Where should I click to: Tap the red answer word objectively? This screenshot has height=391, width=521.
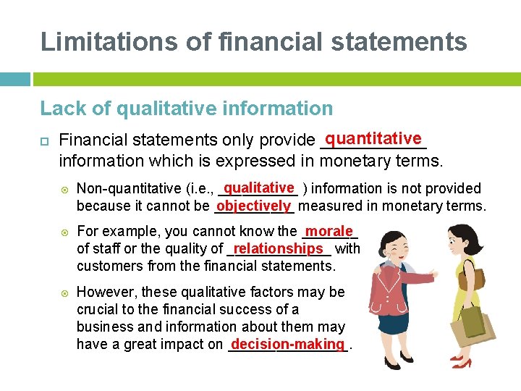point(253,206)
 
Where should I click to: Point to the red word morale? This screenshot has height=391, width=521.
point(329,231)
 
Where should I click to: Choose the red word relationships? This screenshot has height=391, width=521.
point(279,248)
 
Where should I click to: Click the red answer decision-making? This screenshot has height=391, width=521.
point(288,344)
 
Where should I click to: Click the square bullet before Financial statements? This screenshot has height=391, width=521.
point(45,139)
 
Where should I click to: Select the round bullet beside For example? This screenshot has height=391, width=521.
point(65,232)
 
